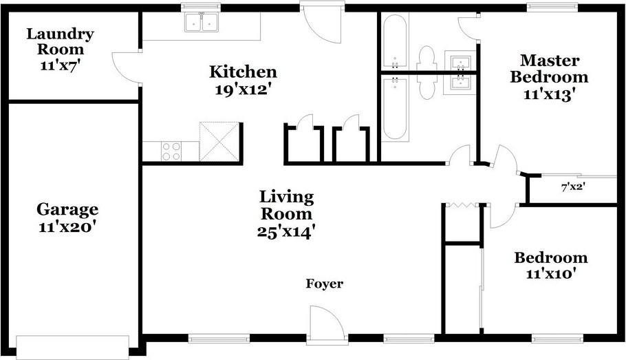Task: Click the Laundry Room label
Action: tap(61, 41)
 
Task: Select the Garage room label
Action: tap(67, 209)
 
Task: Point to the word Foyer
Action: tap(325, 284)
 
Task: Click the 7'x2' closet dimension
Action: tap(573, 187)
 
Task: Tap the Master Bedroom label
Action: tap(550, 69)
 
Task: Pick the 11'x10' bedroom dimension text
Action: tap(550, 274)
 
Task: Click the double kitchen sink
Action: tap(202, 23)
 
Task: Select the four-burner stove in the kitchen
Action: tap(171, 151)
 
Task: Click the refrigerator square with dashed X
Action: tap(219, 142)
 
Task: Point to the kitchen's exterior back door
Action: tap(322, 23)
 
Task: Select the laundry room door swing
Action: tap(127, 68)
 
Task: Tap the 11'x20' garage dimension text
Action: tap(67, 227)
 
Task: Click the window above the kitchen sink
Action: tap(201, 7)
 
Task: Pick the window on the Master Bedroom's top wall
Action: tap(552, 7)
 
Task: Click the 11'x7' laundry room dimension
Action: tap(61, 65)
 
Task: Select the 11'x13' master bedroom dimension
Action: tap(550, 95)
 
